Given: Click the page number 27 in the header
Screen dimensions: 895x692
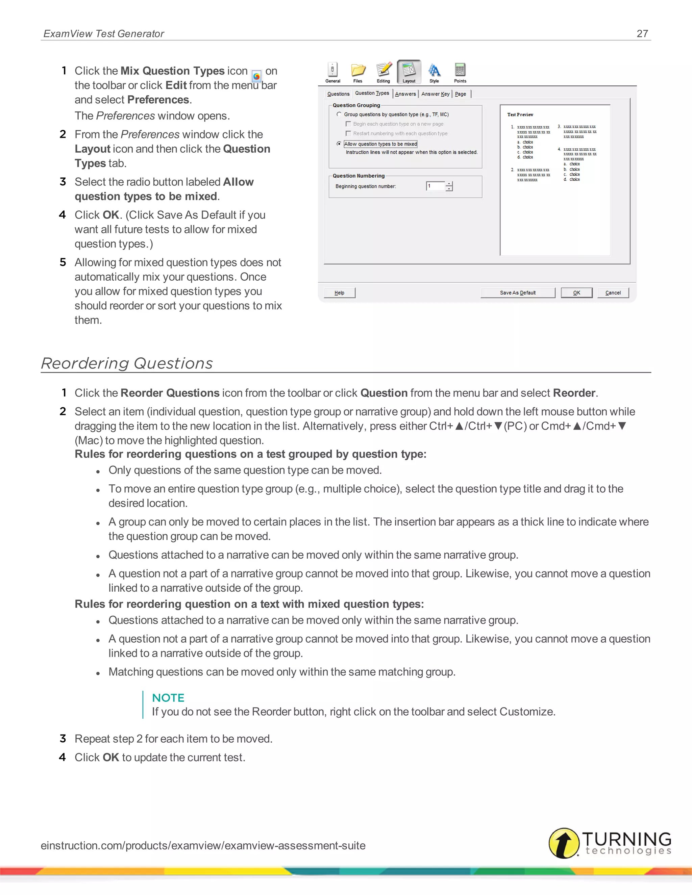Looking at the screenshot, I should tap(642, 33).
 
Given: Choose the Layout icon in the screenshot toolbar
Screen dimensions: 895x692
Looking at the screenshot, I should tap(409, 71).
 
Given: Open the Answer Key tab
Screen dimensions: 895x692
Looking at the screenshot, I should tap(435, 94).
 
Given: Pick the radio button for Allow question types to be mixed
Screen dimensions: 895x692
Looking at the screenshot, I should tap(339, 144).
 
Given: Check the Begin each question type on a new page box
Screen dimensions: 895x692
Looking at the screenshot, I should tap(348, 124).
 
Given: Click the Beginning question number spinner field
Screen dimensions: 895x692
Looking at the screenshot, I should tap(435, 186).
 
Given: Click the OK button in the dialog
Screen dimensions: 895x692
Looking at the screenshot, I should tap(576, 292).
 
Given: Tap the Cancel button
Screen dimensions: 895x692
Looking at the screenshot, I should tap(613, 292).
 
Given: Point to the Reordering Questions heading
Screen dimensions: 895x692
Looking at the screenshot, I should tap(127, 363).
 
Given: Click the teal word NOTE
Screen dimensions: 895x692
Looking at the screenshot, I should tap(168, 697).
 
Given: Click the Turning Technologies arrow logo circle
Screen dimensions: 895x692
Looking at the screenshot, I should tap(564, 843).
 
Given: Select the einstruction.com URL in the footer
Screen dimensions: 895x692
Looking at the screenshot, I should tap(203, 845).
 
